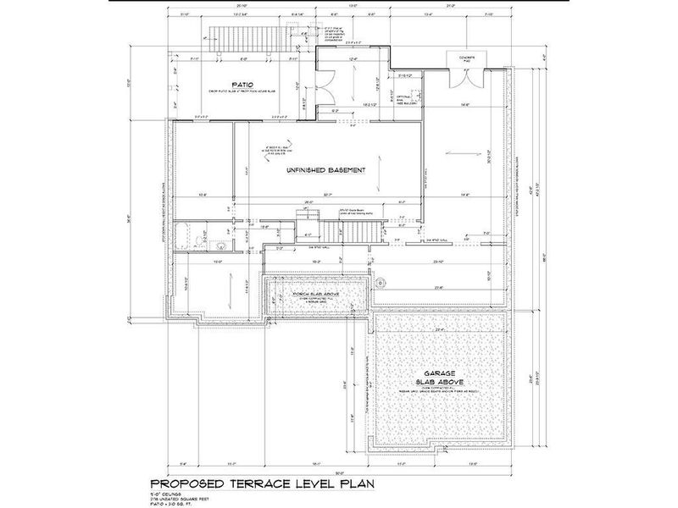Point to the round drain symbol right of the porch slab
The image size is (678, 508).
tap(381, 281)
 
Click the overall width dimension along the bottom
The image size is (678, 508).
tap(339, 472)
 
